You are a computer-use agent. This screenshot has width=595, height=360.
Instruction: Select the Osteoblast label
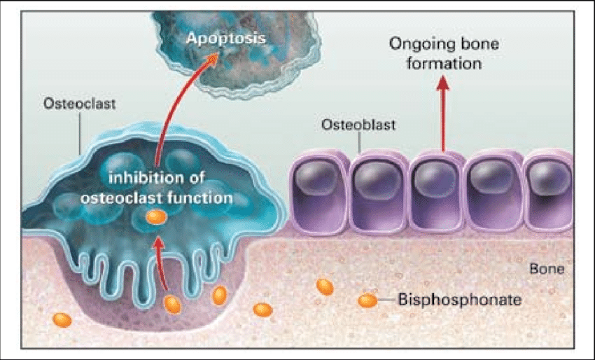click(x=358, y=126)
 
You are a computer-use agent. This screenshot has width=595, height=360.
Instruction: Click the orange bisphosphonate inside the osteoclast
click(x=155, y=217)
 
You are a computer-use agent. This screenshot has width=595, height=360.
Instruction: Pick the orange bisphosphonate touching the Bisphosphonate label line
click(x=367, y=301)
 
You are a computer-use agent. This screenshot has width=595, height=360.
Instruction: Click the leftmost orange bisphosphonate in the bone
click(x=62, y=320)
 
